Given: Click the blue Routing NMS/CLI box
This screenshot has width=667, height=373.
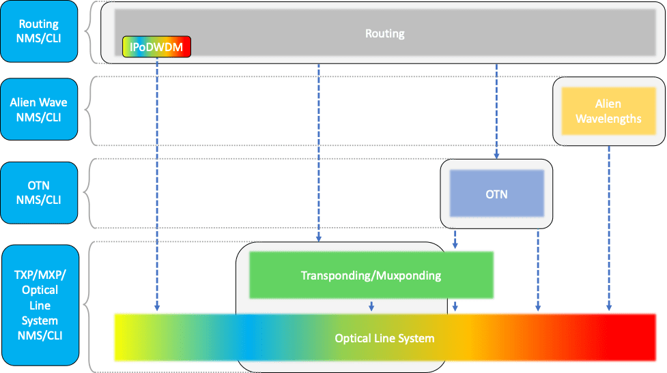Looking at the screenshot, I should click(39, 31).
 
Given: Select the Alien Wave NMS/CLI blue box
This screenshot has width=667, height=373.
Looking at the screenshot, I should click(39, 110).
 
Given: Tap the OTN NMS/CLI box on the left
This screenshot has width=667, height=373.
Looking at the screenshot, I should click(39, 192).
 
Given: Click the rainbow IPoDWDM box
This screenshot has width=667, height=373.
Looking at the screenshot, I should click(156, 47).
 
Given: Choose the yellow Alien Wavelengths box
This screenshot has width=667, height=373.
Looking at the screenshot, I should click(608, 111).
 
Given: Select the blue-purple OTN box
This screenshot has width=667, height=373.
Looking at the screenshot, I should click(496, 194).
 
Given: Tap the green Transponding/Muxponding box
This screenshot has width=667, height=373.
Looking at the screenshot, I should click(371, 275).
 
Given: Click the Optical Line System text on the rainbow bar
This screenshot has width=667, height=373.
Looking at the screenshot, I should click(384, 338).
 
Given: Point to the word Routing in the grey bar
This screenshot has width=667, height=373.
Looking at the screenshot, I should click(384, 33).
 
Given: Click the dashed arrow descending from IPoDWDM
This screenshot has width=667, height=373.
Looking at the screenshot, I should click(157, 184).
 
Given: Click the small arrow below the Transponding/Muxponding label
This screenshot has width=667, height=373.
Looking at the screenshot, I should click(371, 305).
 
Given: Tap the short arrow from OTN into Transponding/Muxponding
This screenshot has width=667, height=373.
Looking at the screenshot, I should click(455, 239).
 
